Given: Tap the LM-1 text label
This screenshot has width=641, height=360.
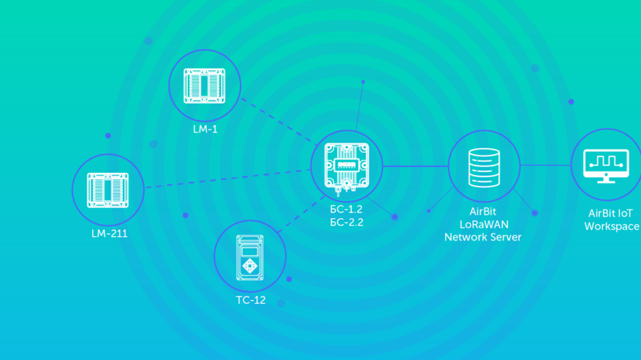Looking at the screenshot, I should pos(205,130).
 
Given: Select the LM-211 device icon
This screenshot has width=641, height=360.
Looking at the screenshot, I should pos(107,188).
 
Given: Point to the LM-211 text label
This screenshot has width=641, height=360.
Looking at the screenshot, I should pos(109,233).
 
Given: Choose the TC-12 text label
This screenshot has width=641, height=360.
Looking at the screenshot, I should pos(250,300).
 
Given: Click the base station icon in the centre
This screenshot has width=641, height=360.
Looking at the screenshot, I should pos(346,166).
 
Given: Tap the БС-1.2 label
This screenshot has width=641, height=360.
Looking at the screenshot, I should pos(346,210).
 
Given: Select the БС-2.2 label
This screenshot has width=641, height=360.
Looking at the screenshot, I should pos(346,222).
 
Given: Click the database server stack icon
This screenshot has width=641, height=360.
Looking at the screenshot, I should pos(483,167).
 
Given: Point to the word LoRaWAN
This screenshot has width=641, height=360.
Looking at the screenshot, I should pos(483,225).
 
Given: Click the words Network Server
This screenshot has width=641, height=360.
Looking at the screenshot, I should pos(483,237).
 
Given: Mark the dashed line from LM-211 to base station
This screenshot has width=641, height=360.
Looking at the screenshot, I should pos(227,179).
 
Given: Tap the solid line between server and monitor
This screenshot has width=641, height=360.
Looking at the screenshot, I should pos(545,165).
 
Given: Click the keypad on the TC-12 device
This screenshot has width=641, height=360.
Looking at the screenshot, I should pos(250,266).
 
